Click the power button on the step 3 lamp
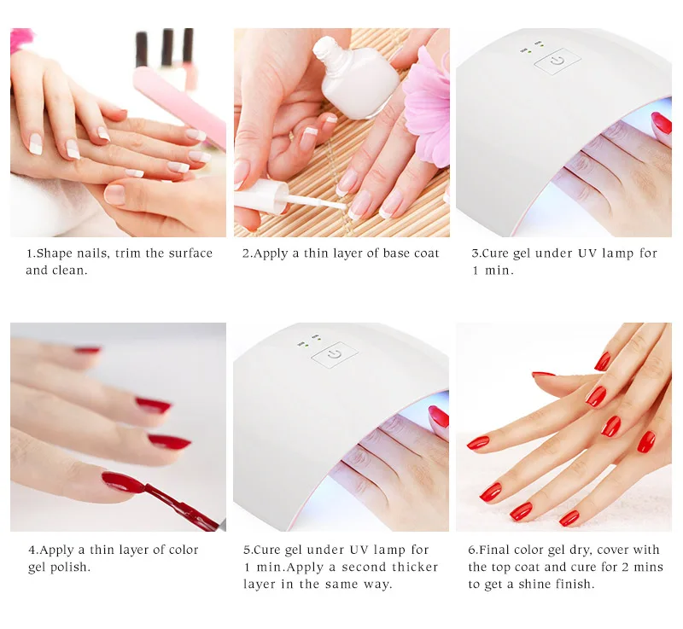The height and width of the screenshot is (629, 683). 557,61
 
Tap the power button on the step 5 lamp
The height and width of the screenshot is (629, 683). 335,355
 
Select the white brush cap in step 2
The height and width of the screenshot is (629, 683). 261,197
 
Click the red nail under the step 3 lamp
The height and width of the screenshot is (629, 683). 662,123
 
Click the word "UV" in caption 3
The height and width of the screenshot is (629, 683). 587,253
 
